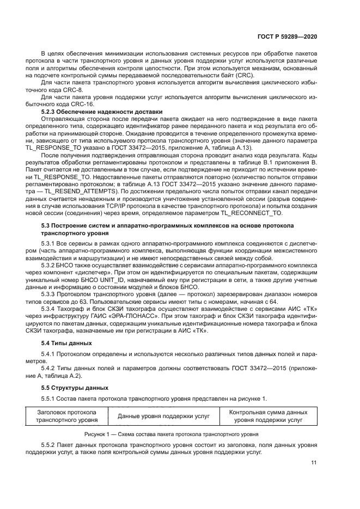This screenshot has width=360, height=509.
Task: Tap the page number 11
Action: click(x=313, y=463)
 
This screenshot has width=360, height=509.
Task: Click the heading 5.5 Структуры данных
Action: click(x=71, y=387)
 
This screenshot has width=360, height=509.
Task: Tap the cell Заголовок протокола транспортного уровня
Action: click(x=67, y=416)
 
